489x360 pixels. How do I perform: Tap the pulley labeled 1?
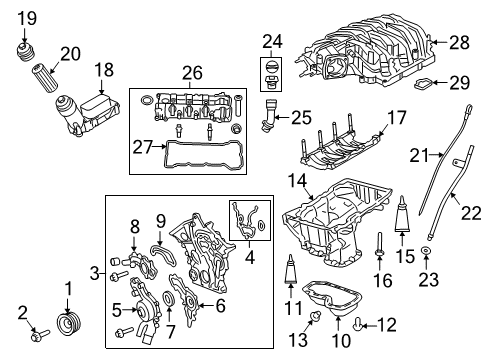click(x=69, y=327)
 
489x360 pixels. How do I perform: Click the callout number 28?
click(x=459, y=41)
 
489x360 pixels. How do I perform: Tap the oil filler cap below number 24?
click(x=271, y=74)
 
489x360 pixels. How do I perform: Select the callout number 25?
click(x=299, y=118)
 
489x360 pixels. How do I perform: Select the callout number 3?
click(x=94, y=272)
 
